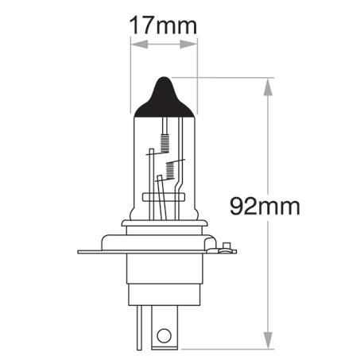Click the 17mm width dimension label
(163, 25)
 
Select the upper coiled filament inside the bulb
(165, 142)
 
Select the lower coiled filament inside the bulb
(168, 168)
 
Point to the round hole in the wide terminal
(163, 335)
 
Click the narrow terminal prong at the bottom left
(141, 329)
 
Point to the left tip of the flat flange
(79, 253)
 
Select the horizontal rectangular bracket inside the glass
(162, 195)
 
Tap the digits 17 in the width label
(142, 25)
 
